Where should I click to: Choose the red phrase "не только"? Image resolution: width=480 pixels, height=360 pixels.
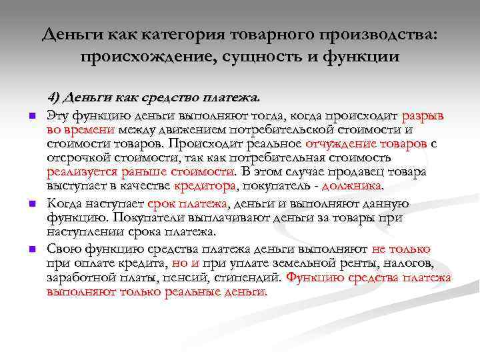[401, 249]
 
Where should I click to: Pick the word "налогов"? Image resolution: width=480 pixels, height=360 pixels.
[419, 263]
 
